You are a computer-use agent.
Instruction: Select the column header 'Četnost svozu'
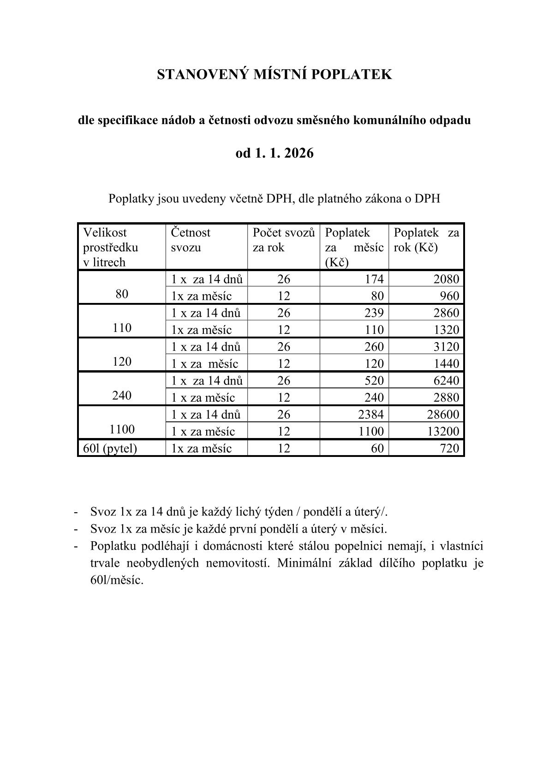click(x=191, y=240)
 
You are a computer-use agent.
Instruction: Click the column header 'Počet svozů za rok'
click(x=283, y=240)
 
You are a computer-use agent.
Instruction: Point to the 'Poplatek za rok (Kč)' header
click(x=426, y=240)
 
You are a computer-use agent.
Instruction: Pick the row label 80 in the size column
click(x=122, y=294)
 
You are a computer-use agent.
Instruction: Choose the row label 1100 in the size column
click(x=122, y=430)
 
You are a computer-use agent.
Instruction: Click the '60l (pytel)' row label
click(x=110, y=448)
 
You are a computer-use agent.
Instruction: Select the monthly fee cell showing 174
click(x=374, y=279)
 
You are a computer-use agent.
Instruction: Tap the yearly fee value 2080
click(x=447, y=279)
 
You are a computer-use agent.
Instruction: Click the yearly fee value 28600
click(x=443, y=415)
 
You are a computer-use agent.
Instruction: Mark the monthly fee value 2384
click(x=371, y=415)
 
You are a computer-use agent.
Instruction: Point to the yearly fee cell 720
click(x=450, y=448)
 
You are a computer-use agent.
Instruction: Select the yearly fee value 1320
click(x=447, y=330)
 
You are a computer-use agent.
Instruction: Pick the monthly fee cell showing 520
click(x=374, y=380)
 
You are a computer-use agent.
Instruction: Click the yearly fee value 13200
click(x=443, y=432)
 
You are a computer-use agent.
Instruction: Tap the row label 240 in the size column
click(x=122, y=396)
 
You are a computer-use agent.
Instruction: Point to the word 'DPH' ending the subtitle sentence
click(x=427, y=199)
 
